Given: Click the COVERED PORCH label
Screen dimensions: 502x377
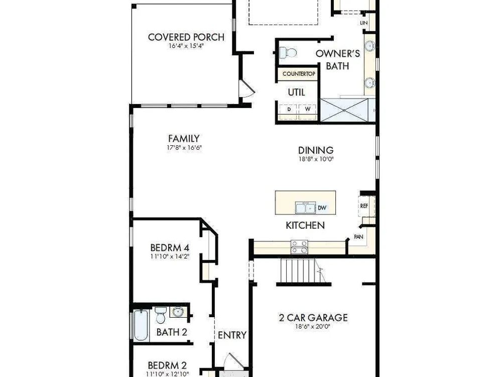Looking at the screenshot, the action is [x=186, y=37].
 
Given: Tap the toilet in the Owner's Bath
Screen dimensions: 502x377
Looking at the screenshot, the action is [x=288, y=52].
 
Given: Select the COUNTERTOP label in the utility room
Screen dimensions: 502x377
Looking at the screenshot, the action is [x=299, y=74].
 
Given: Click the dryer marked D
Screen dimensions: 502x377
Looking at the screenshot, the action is [x=289, y=109].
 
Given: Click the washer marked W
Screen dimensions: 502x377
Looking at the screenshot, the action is [x=308, y=109].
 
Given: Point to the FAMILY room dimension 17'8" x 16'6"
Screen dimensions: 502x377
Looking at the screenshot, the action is [x=184, y=148].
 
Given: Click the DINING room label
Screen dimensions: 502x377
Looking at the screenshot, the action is [x=316, y=150].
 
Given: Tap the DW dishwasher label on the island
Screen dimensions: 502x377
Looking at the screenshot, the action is [x=322, y=208].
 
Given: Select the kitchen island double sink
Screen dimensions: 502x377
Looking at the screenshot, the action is [x=305, y=208].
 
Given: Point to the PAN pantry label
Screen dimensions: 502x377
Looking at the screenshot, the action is [x=358, y=237].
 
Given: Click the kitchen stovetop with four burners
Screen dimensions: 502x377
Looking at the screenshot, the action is [x=299, y=247].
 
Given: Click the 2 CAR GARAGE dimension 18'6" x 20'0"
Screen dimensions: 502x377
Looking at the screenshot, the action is [x=312, y=327].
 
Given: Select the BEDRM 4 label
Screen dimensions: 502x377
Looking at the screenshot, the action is [x=170, y=247].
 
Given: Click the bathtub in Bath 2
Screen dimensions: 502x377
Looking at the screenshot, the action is [x=141, y=325].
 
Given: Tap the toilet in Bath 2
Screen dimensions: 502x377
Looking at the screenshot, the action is [x=161, y=315].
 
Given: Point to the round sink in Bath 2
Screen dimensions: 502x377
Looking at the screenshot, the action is [x=177, y=312].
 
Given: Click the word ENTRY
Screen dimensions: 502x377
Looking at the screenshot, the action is [x=232, y=335].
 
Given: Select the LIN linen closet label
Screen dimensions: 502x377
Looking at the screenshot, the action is [x=363, y=23].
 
